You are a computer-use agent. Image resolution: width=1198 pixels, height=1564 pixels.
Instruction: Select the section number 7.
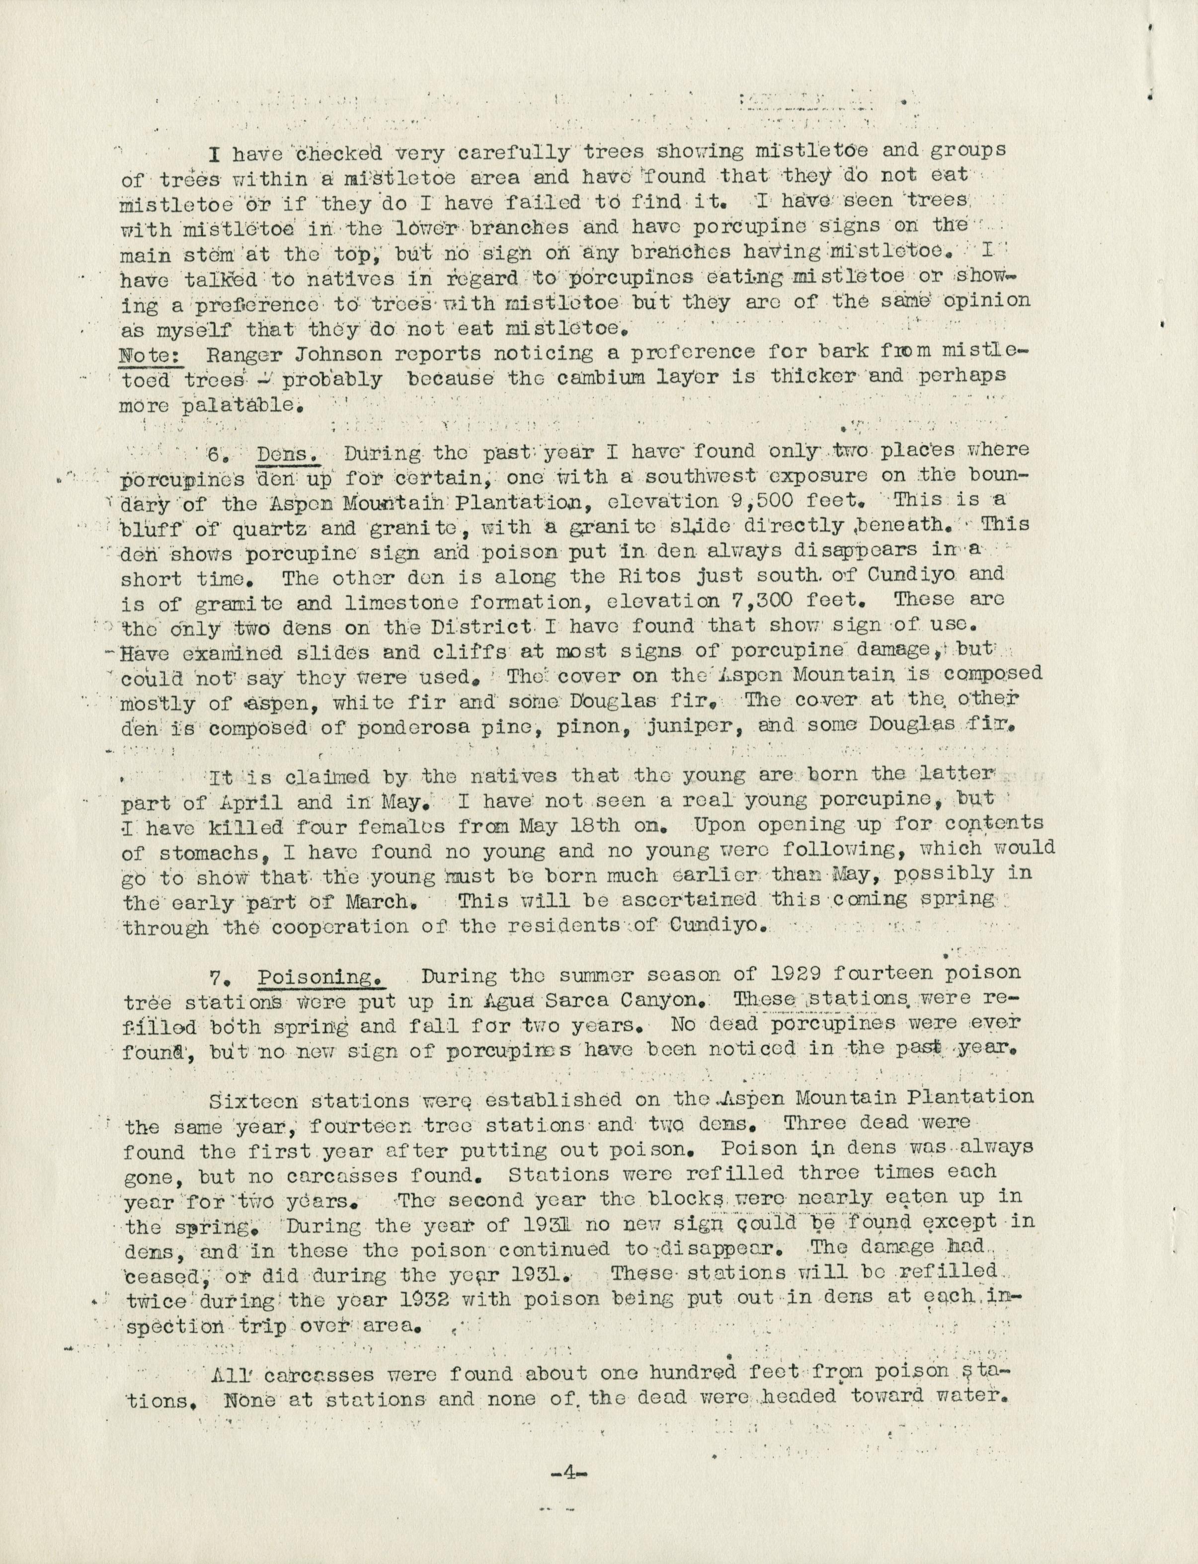tap(218, 977)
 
